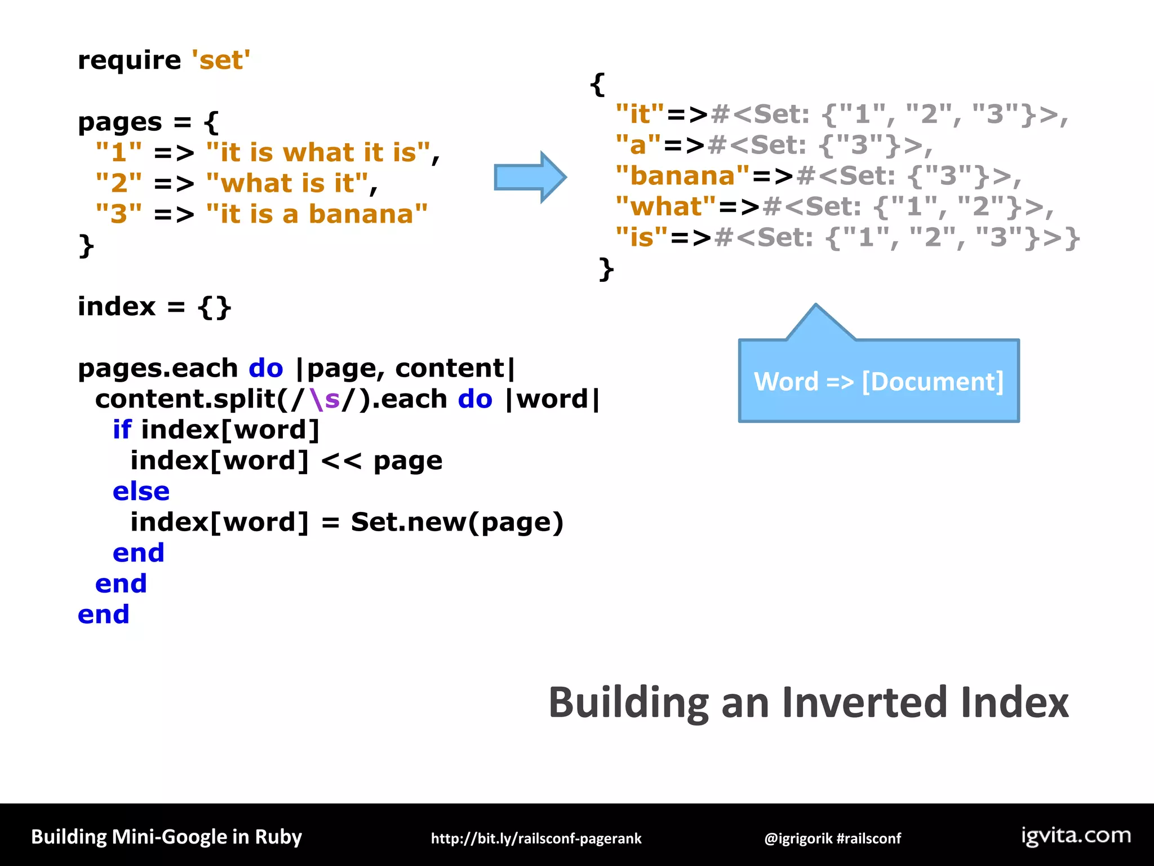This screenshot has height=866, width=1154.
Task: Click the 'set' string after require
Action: (221, 60)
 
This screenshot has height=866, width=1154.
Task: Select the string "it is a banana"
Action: (317, 214)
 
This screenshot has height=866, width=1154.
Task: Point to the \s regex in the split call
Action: (325, 399)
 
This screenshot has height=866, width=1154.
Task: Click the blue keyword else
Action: (141, 492)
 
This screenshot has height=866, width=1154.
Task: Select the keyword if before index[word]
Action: (122, 430)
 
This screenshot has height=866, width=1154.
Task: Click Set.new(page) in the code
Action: (456, 522)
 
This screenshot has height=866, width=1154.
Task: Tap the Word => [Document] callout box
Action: (878, 382)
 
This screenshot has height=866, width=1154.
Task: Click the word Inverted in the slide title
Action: (865, 703)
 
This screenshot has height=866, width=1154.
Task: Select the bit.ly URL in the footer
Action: (536, 838)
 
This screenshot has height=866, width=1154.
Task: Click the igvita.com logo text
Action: (1076, 836)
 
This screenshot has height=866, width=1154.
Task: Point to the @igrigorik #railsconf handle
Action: (832, 838)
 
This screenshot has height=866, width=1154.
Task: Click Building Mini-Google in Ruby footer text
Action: (166, 837)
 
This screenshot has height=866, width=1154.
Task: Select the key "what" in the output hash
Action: (665, 207)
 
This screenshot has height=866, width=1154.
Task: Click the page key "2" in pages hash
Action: (119, 183)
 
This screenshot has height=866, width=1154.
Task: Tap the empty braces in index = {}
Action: (214, 307)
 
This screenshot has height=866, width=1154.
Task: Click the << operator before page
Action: (341, 461)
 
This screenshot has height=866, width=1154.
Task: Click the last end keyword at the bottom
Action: (104, 615)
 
